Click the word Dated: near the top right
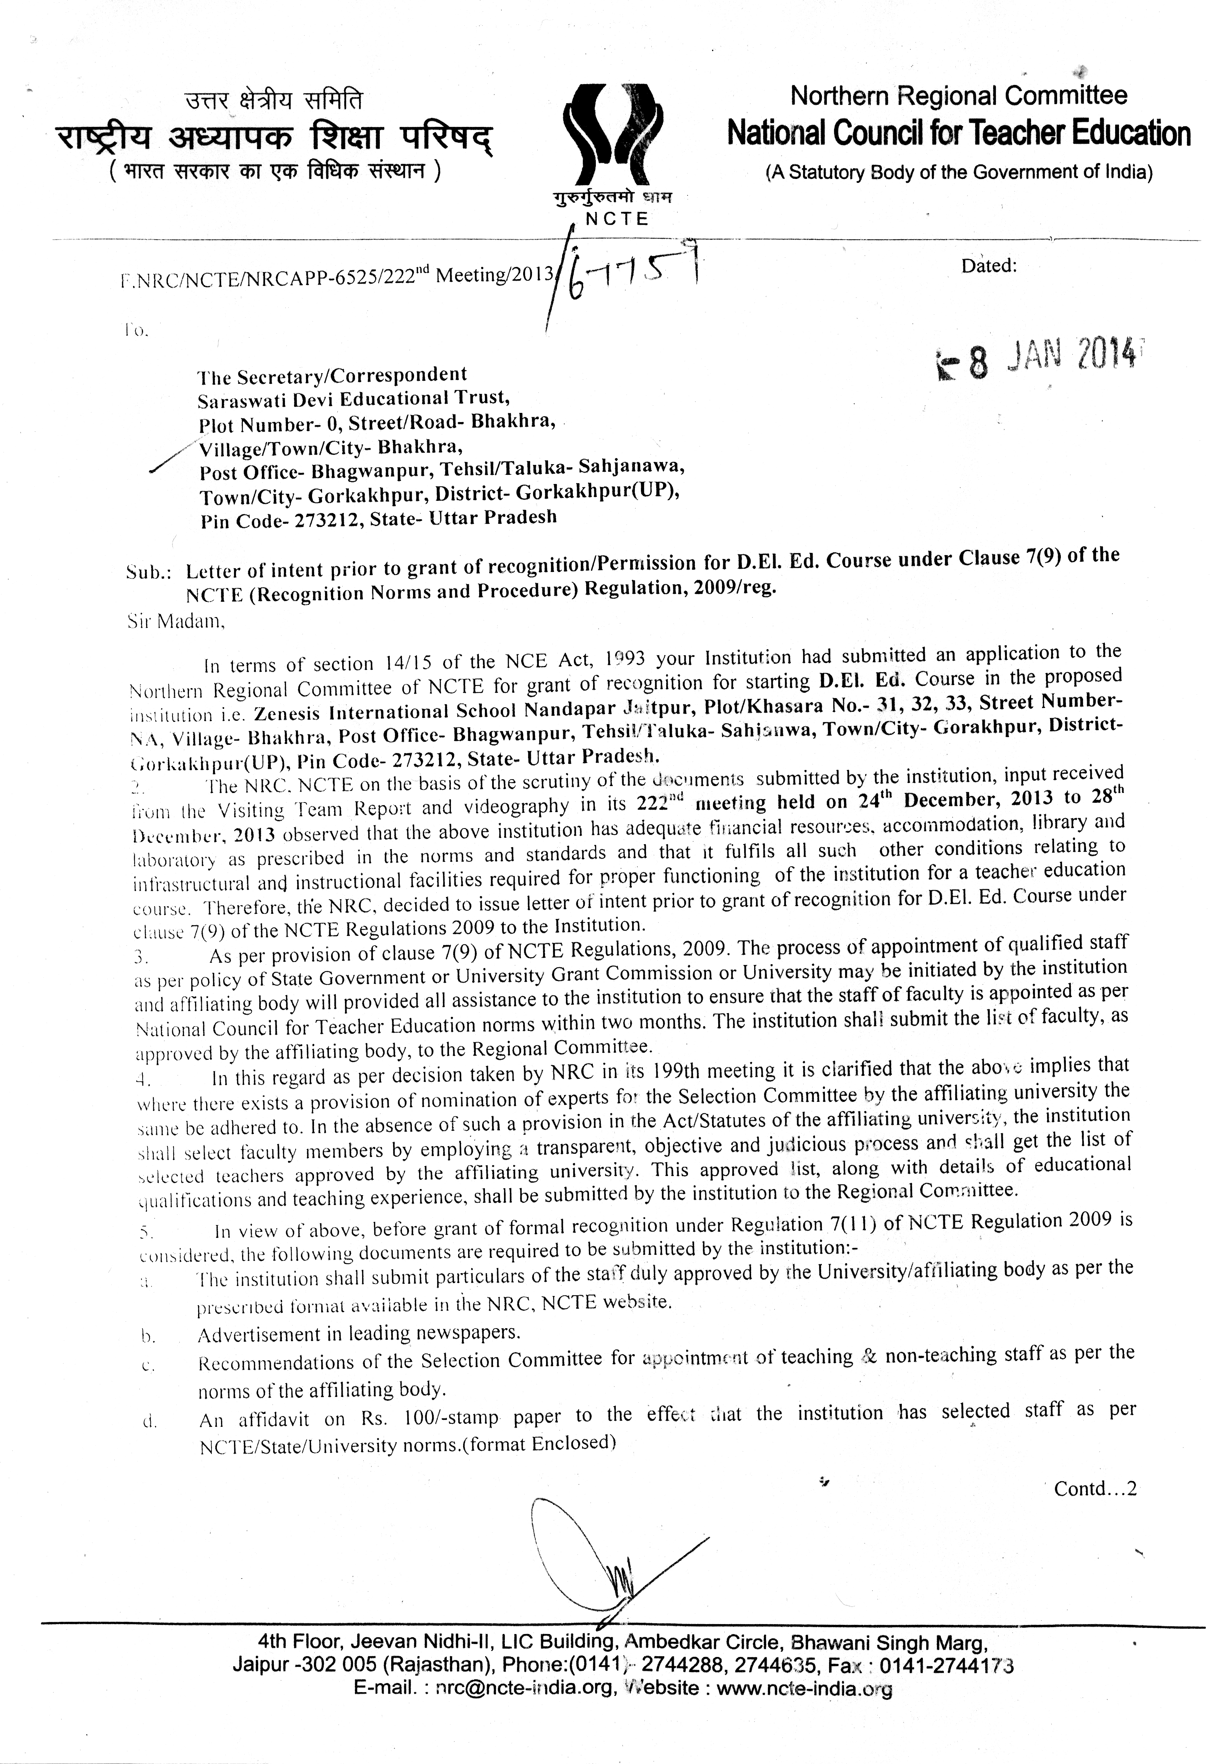[988, 266]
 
